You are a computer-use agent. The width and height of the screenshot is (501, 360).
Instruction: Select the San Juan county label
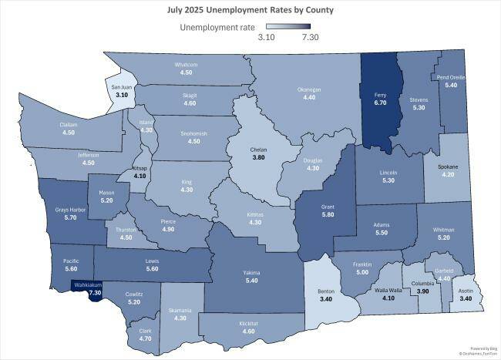121,86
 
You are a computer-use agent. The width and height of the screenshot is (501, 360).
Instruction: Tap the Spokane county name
448,167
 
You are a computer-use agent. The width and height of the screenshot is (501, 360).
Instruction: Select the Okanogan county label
309,89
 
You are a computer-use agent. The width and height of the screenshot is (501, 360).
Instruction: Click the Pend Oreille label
452,77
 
